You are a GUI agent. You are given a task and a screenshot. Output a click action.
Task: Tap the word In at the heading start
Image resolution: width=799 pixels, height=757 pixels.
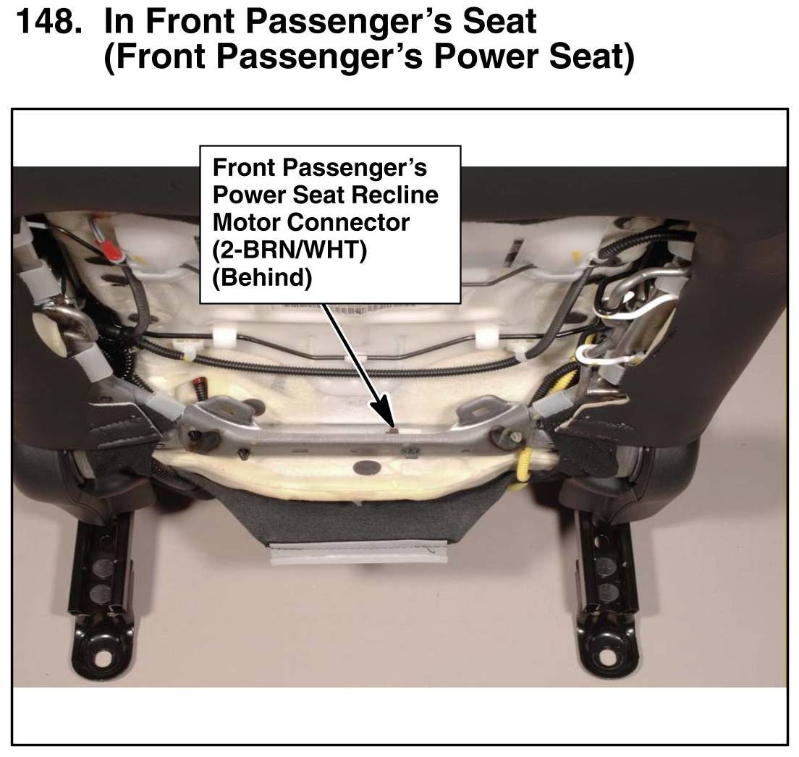[119, 22]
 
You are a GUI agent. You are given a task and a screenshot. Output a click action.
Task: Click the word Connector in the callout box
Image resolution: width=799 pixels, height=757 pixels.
[348, 222]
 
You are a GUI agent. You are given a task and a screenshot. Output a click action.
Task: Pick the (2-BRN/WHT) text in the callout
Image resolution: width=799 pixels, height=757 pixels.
[289, 250]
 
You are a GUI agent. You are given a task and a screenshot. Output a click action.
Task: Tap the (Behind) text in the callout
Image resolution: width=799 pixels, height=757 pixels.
[262, 278]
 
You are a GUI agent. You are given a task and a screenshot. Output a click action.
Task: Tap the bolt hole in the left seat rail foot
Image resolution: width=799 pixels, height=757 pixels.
[103, 659]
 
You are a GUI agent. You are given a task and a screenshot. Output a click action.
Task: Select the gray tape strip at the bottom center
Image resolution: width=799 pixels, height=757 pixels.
[358, 551]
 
